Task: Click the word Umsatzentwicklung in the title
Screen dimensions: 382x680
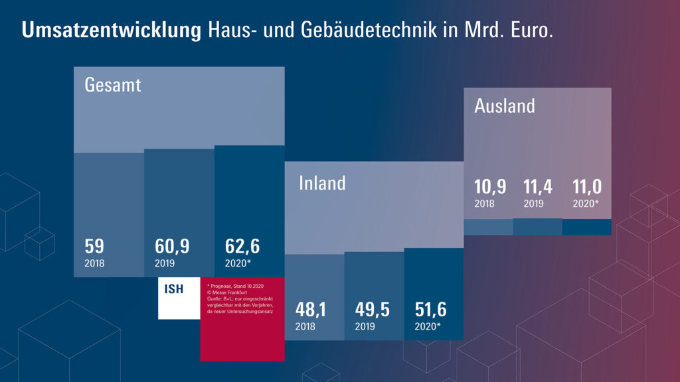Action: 112,31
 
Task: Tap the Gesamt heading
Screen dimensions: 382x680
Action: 113,85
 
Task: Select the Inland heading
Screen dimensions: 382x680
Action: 322,182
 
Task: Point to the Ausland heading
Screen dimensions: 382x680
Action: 505,105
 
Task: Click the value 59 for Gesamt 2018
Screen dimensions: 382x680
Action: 94,246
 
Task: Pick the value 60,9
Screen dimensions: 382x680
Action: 172,246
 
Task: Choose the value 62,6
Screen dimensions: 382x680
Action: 242,246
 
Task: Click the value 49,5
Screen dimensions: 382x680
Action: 372,309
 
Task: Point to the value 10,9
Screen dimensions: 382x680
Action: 490,186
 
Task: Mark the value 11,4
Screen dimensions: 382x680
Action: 538,186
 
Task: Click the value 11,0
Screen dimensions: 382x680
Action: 587,186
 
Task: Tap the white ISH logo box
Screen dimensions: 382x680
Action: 179,298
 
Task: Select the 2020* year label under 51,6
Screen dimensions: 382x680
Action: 428,326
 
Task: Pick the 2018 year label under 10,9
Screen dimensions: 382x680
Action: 484,204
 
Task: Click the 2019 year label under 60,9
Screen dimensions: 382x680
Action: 165,263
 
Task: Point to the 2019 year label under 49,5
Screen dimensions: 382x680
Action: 365,326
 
